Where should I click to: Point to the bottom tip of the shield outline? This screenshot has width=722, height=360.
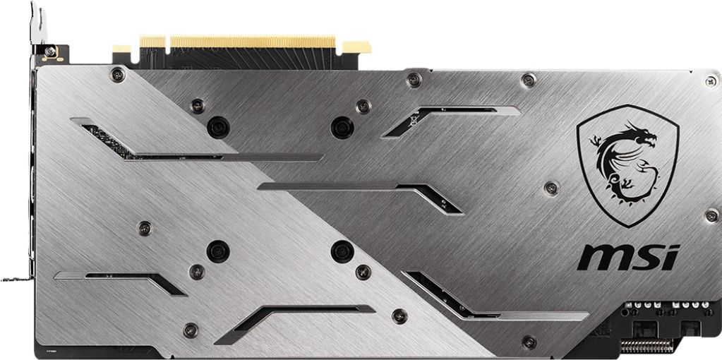point(627,227)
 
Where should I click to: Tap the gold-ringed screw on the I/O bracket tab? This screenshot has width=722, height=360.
point(49,52)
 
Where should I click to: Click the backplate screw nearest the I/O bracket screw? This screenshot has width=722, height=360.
point(117,73)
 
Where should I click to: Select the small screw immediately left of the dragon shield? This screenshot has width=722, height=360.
point(551,187)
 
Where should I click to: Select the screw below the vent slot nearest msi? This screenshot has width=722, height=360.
point(527,342)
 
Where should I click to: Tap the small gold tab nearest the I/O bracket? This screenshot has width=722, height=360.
point(121,50)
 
